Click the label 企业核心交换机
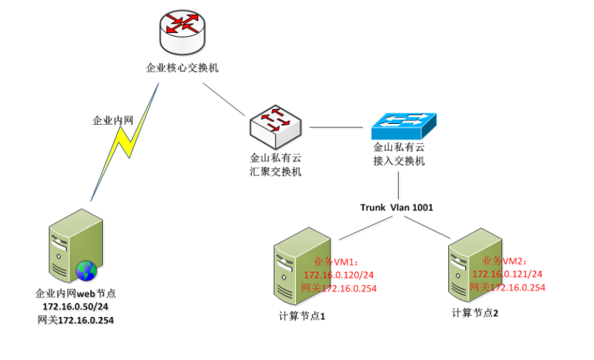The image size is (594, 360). pyautogui.click(x=182, y=68)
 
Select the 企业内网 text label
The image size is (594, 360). pyautogui.click(x=113, y=120)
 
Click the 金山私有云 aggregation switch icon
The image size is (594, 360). pyautogui.click(x=276, y=128)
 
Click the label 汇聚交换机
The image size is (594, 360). pyautogui.click(x=276, y=172)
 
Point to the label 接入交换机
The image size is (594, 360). pyautogui.click(x=399, y=161)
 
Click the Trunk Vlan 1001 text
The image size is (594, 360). pyautogui.click(x=397, y=207)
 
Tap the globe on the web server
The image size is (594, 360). pyautogui.click(x=86, y=271)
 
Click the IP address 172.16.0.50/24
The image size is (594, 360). pyautogui.click(x=75, y=307)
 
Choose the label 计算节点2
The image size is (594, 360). pyautogui.click(x=475, y=312)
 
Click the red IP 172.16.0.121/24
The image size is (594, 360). pyautogui.click(x=507, y=273)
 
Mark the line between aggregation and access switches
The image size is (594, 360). pyautogui.click(x=340, y=128)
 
